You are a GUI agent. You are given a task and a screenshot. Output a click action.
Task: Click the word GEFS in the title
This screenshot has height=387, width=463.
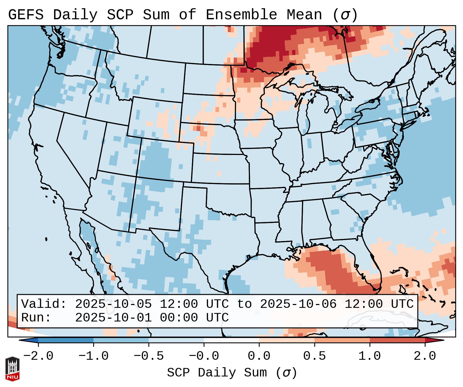click(x=26, y=15)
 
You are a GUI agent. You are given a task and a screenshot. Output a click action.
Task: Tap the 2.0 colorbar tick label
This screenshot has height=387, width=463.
click(x=425, y=356)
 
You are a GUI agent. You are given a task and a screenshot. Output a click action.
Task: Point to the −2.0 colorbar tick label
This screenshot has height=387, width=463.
click(x=38, y=356)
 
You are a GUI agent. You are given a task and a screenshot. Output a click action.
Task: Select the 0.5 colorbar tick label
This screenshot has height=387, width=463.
click(x=314, y=356)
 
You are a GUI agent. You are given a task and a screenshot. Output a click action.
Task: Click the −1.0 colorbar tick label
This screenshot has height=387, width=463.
click(x=93, y=356)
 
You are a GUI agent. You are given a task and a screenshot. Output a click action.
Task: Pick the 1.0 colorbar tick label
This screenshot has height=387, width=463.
click(x=370, y=356)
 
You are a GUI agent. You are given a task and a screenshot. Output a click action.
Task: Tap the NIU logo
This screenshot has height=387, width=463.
click(x=12, y=369)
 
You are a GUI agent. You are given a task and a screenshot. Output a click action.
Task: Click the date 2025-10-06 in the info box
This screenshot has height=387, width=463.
click(x=298, y=304)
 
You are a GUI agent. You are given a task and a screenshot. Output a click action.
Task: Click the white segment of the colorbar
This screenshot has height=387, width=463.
click(x=231, y=340)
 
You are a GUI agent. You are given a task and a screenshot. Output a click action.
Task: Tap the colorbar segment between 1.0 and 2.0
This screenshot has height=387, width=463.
click(x=397, y=340)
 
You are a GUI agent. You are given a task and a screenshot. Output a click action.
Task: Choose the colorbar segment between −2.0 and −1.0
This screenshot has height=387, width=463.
click(x=66, y=340)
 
